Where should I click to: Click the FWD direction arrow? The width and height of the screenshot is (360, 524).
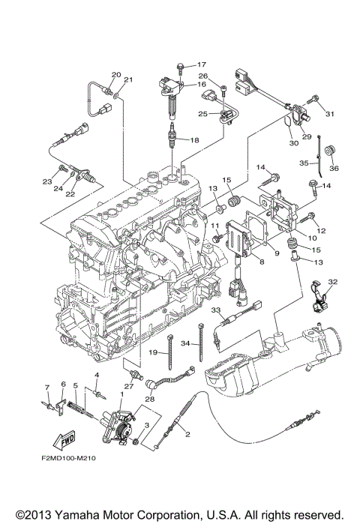64,440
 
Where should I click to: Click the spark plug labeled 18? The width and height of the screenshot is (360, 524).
172,136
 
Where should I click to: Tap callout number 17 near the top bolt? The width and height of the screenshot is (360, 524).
202,64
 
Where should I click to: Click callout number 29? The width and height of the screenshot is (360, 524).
307,136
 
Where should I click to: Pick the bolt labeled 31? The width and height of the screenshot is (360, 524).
313,99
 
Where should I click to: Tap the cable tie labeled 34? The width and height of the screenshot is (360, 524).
201,342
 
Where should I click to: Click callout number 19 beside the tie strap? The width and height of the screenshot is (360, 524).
153,352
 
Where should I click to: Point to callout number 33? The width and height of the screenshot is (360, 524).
216,310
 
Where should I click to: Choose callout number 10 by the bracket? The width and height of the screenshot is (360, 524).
312,238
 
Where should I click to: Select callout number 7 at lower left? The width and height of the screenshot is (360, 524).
47,388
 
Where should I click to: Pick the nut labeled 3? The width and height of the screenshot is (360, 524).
136,442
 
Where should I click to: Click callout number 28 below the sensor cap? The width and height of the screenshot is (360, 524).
150,399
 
